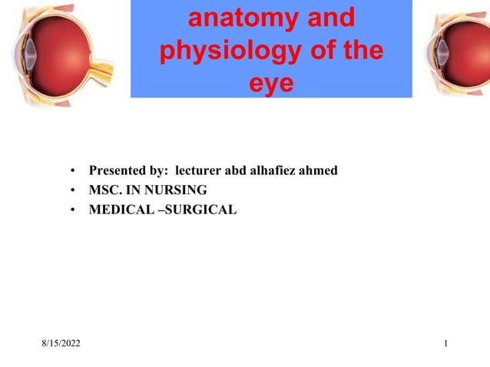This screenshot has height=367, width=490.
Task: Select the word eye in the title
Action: click(x=271, y=82)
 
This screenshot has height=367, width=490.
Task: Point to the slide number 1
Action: click(x=446, y=341)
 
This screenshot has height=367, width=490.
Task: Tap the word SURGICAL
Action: click(x=202, y=208)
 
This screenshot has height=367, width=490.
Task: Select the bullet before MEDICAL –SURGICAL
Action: click(x=71, y=209)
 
